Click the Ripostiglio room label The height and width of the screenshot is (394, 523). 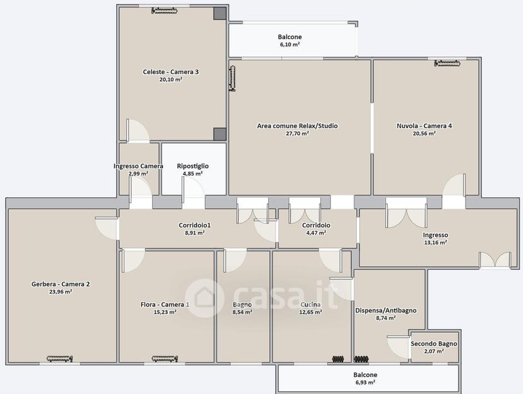tap(193, 166)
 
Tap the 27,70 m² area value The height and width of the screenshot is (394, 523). tap(298, 134)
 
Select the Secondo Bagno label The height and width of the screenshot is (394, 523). tap(433, 343)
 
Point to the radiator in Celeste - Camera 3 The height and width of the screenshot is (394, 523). tap(164, 11)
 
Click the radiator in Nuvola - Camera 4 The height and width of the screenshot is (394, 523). tap(447, 63)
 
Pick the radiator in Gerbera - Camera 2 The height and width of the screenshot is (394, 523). tap(59, 359)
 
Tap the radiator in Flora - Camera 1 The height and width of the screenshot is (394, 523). tap(164, 359)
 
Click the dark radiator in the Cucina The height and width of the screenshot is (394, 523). tap(338, 359)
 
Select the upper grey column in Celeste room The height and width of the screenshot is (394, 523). tap(220, 13)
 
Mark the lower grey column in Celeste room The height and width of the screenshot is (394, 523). tap(220, 134)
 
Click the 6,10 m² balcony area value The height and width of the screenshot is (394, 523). tap(289, 44)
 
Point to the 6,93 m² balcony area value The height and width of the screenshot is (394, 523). tap(365, 383)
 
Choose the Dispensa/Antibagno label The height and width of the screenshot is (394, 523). tap(385, 310)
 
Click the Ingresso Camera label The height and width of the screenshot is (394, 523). tap(138, 166)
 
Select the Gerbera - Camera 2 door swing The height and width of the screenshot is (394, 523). tap(107, 229)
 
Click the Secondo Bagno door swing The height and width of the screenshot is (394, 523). tap(399, 347)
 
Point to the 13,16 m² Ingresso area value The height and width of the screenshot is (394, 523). tap(435, 242)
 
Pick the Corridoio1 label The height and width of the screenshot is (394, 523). tap(195, 225)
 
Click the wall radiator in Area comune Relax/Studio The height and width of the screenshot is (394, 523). tap(232, 78)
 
